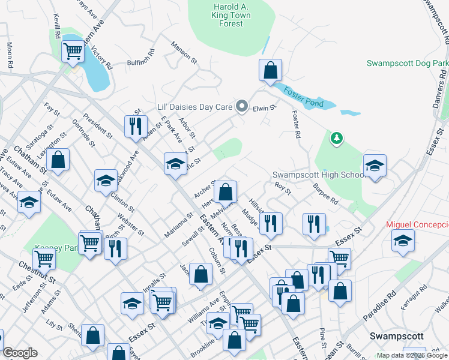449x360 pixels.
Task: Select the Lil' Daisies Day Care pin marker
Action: [x=242, y=107]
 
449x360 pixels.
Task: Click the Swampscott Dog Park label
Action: [x=408, y=63]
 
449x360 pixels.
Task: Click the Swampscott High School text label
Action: [x=318, y=175]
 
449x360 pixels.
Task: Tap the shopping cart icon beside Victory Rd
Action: [x=73, y=52]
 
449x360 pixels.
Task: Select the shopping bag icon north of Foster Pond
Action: [x=271, y=70]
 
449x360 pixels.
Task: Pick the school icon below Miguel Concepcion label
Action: [x=402, y=241]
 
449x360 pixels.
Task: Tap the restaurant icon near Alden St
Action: [x=135, y=126]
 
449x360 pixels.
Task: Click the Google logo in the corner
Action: [x=20, y=353]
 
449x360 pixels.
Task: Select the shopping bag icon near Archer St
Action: [x=225, y=193]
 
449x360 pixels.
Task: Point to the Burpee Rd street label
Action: [x=325, y=195]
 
